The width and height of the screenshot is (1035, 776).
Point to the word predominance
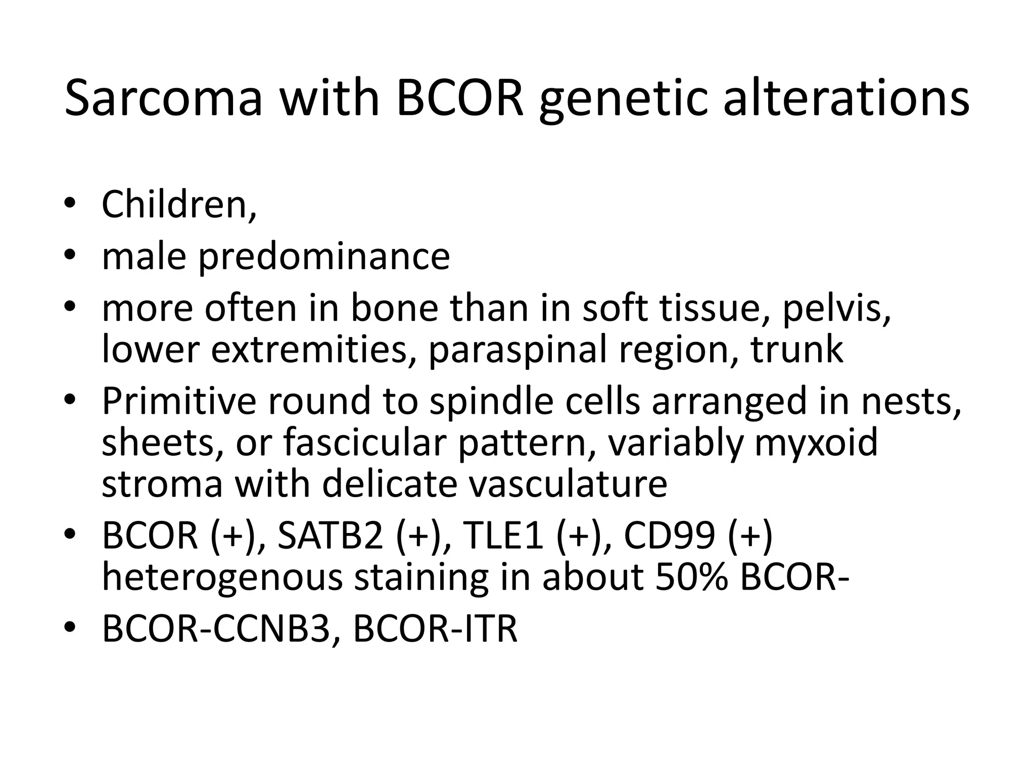tap(323, 257)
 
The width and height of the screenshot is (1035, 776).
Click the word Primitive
tap(179, 400)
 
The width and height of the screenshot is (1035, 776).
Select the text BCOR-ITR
tap(435, 629)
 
